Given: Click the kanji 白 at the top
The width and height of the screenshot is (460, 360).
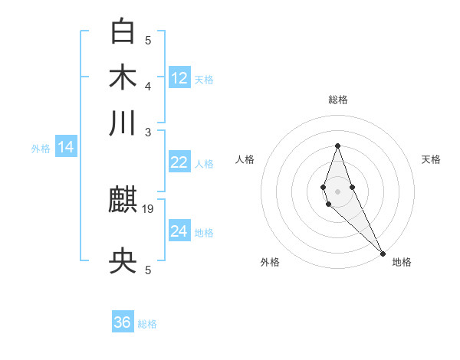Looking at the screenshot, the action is (123, 31).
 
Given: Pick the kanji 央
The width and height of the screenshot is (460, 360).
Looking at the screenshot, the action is (123, 263).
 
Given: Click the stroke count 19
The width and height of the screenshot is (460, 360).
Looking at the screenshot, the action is (149, 208).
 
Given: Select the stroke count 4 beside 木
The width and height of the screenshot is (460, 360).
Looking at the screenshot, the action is (149, 85).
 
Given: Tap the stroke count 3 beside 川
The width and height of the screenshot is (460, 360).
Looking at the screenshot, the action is (149, 132).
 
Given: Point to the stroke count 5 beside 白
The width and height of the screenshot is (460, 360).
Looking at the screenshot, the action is (149, 40).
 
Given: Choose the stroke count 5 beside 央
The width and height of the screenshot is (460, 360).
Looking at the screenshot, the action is (149, 270).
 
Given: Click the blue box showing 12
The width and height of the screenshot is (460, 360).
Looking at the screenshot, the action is (179, 77).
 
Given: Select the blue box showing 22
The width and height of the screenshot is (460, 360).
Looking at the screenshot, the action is (179, 162).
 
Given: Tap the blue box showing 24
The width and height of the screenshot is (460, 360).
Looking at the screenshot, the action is (179, 231).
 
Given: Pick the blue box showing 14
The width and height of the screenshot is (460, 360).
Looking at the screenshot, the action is (66, 147).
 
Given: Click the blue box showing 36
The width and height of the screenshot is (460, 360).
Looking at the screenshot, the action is (123, 322).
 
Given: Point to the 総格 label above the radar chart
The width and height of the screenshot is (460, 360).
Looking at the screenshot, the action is (338, 100).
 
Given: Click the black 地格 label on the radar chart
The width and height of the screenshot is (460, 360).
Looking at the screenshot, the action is (402, 262).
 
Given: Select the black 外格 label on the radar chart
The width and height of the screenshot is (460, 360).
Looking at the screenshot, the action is (270, 262).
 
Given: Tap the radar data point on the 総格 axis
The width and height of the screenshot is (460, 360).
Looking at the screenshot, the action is (337, 146).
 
